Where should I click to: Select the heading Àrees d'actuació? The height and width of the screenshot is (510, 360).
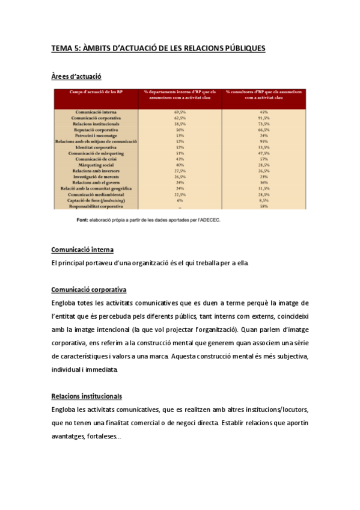76,76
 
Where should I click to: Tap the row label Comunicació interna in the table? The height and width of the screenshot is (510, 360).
96,112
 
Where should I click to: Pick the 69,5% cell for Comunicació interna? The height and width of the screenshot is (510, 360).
180,112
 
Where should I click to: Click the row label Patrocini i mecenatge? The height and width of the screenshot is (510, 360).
96,135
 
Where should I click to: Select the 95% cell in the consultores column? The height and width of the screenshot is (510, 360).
263,141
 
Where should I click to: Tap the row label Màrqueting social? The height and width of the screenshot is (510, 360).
96,164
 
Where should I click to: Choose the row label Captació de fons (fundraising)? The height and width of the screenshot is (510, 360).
96,200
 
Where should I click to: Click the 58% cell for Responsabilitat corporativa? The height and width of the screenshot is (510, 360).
263,206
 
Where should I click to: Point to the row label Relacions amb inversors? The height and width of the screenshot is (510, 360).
96,170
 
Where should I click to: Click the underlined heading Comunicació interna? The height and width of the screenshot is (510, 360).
82,250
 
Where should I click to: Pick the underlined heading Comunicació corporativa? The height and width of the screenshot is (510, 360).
88,289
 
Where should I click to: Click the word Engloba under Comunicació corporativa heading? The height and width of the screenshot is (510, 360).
64,303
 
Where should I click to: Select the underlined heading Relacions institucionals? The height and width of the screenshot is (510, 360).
87,396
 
